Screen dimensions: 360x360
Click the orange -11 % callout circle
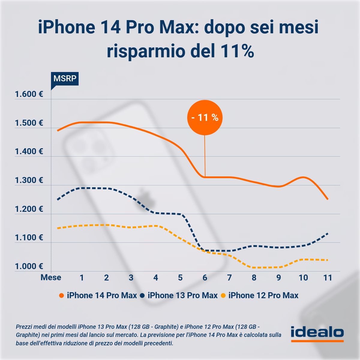205,118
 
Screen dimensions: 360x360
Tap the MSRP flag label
65,79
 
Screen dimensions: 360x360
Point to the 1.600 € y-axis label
29,94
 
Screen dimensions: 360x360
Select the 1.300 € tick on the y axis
29,180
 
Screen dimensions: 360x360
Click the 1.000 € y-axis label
29,266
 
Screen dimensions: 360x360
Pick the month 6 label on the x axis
205,277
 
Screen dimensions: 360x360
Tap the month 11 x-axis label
328,277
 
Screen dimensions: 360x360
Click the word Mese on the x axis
51,277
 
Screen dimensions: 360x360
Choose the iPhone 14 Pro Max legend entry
98,295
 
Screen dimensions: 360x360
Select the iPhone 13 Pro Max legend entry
179,295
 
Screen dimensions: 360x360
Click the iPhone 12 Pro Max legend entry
260,295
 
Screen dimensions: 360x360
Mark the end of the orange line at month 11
328,199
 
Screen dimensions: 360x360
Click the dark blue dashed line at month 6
205,250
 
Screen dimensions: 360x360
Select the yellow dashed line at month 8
254,267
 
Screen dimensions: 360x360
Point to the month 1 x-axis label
82,277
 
